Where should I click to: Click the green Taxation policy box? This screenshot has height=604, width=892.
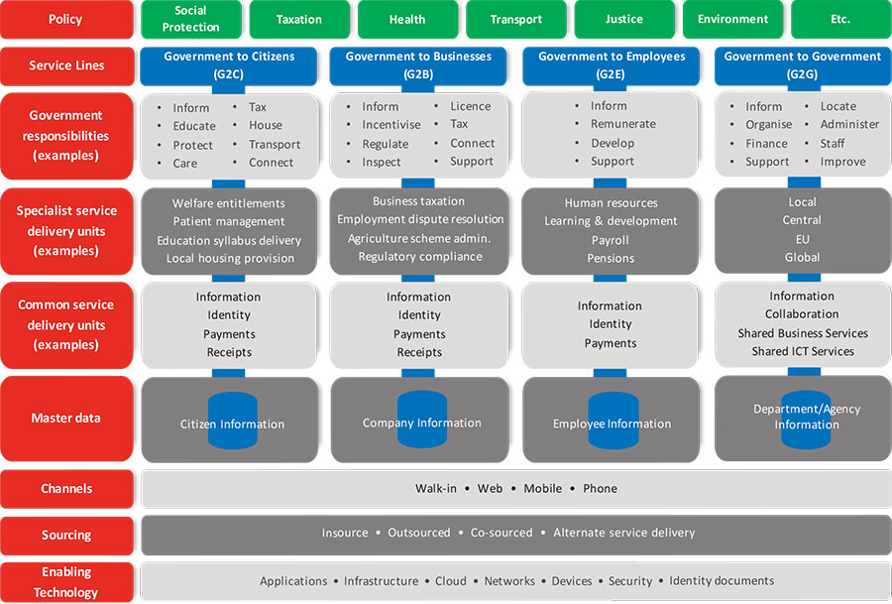299,20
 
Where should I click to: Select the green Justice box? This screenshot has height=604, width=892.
624,20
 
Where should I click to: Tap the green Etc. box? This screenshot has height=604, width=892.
840,20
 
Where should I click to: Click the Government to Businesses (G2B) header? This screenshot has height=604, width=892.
418,65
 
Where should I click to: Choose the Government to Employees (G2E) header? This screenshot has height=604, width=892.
611,65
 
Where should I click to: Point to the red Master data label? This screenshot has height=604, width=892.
66,419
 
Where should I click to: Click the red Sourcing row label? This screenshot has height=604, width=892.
66,536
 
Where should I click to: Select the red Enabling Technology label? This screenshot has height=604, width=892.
66,582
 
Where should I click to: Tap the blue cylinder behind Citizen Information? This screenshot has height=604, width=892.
233,421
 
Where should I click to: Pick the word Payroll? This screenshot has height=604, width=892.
611,240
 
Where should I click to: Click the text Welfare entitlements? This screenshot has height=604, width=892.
229,203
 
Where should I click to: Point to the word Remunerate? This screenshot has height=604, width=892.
623,124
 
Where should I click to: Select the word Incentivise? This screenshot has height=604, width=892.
391,125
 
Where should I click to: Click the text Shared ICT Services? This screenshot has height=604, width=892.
803,351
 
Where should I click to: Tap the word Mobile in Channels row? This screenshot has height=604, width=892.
543,488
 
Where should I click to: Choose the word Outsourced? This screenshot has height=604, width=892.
418,533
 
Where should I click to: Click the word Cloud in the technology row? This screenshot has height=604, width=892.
451,581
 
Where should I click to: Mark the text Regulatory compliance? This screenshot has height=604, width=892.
420,257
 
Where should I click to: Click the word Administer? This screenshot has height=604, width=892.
849,124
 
